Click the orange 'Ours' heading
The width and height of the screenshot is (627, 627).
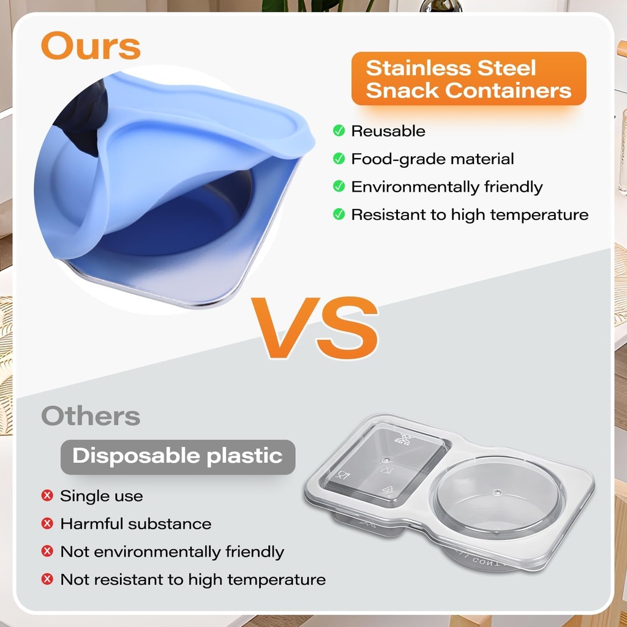pyautogui.click(x=91, y=45)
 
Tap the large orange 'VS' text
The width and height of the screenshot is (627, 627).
pyautogui.click(x=315, y=328)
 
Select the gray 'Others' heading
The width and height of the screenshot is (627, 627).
pyautogui.click(x=91, y=416)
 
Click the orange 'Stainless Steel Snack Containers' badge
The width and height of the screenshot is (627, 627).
pyautogui.click(x=468, y=79)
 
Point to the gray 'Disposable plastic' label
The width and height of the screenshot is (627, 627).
pyautogui.click(x=178, y=457)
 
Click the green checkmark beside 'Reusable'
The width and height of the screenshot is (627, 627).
pyautogui.click(x=339, y=130)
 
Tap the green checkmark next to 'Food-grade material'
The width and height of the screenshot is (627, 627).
pyautogui.click(x=339, y=159)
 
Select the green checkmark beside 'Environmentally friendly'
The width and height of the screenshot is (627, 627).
pyautogui.click(x=339, y=186)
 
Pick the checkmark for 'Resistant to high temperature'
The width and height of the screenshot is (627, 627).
pyautogui.click(x=339, y=214)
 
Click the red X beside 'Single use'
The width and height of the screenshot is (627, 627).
pyautogui.click(x=47, y=496)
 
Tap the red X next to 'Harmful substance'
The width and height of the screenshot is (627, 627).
pyautogui.click(x=47, y=524)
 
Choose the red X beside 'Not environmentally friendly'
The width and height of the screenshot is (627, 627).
pyautogui.click(x=47, y=552)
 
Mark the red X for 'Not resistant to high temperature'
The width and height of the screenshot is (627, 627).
pyautogui.click(x=47, y=579)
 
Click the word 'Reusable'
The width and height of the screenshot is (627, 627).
pyautogui.click(x=388, y=131)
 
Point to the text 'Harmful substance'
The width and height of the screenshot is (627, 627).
pyautogui.click(x=136, y=524)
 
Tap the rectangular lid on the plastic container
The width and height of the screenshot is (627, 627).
pyautogui.click(x=385, y=465)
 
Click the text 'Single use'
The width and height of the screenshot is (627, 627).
pyautogui.click(x=102, y=496)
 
